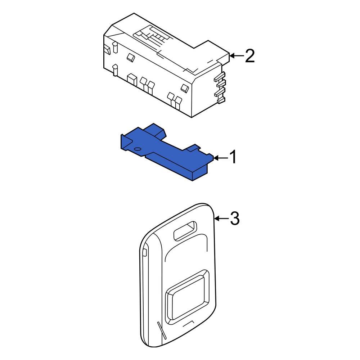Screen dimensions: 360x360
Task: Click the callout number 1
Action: pos(233,157)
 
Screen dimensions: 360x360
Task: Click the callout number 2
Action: pos(250,56)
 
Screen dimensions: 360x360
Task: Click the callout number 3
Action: pos(235,219)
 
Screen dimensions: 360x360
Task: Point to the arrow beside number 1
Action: pos(221,158)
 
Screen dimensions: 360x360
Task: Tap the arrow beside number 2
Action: pos(237,55)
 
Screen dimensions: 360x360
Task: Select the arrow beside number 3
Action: pos(222,219)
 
